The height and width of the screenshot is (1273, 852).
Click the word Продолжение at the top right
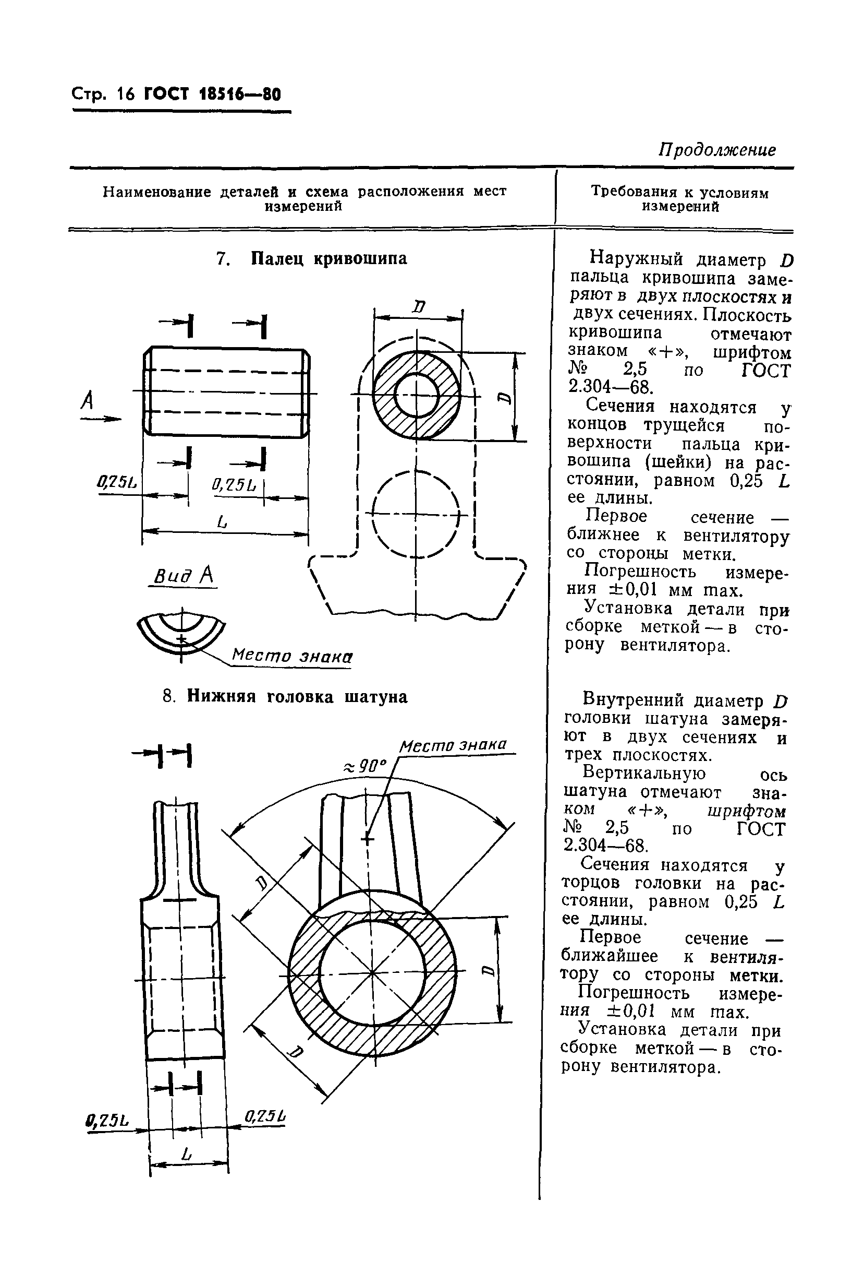pyautogui.click(x=717, y=150)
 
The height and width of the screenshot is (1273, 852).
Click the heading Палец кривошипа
pyautogui.click(x=328, y=258)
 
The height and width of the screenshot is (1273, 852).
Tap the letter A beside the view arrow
pyautogui.click(x=87, y=401)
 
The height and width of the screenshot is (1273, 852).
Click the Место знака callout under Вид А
pyautogui.click(x=292, y=656)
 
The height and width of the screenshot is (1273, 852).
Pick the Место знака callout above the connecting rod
pyautogui.click(x=453, y=744)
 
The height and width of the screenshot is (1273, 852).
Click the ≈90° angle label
pyautogui.click(x=364, y=767)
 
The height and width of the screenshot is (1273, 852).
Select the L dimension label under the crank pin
pyautogui.click(x=222, y=523)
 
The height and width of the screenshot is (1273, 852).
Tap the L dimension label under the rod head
pyautogui.click(x=188, y=1154)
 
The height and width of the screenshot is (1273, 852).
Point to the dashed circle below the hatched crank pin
pyautogui.click(x=416, y=514)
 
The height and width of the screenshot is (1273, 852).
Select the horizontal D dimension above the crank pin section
pyautogui.click(x=418, y=308)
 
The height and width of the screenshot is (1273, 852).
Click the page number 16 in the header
pyautogui.click(x=125, y=94)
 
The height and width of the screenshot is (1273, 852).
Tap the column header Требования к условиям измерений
pyautogui.click(x=680, y=199)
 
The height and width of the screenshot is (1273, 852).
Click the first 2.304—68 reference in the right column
pyautogui.click(x=608, y=388)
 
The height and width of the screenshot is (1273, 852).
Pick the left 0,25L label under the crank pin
pyautogui.click(x=117, y=482)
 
